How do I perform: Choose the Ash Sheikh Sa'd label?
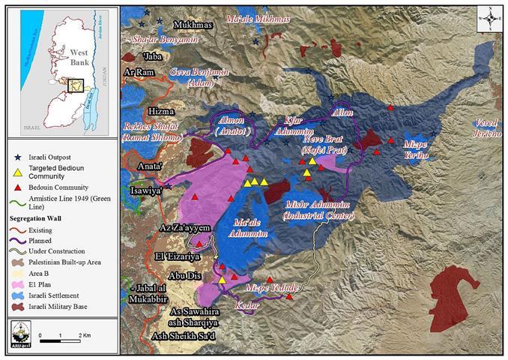click(x=184, y=335)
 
